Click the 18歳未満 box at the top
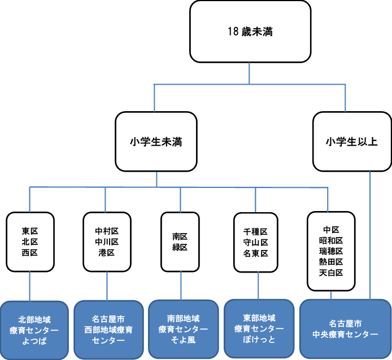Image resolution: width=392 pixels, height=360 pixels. pyautogui.click(x=250, y=31)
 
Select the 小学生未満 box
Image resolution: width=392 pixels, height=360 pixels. pyautogui.click(x=156, y=142)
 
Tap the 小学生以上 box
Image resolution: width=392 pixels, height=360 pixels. pyautogui.click(x=351, y=142)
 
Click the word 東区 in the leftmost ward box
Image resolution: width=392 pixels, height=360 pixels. pyautogui.click(x=30, y=231)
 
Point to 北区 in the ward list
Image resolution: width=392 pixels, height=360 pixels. pyautogui.click(x=30, y=242)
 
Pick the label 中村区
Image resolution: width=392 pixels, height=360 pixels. pyautogui.click(x=106, y=231)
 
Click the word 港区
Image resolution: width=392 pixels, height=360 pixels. pyautogui.click(x=106, y=253)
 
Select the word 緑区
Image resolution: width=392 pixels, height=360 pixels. pyautogui.click(x=180, y=247)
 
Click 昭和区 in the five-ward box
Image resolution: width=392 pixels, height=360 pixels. pyautogui.click(x=331, y=240)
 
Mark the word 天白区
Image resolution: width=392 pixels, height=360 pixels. pyautogui.click(x=331, y=273)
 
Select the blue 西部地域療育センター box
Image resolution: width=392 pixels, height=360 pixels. pyautogui.click(x=108, y=330)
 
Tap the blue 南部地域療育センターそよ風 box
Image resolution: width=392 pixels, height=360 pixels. pyautogui.click(x=182, y=330)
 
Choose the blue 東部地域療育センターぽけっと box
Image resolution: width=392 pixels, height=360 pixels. pyautogui.click(x=258, y=330)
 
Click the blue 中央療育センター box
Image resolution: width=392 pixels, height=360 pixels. pyautogui.click(x=345, y=329)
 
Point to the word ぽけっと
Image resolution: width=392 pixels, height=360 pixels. pyautogui.click(x=258, y=340)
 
